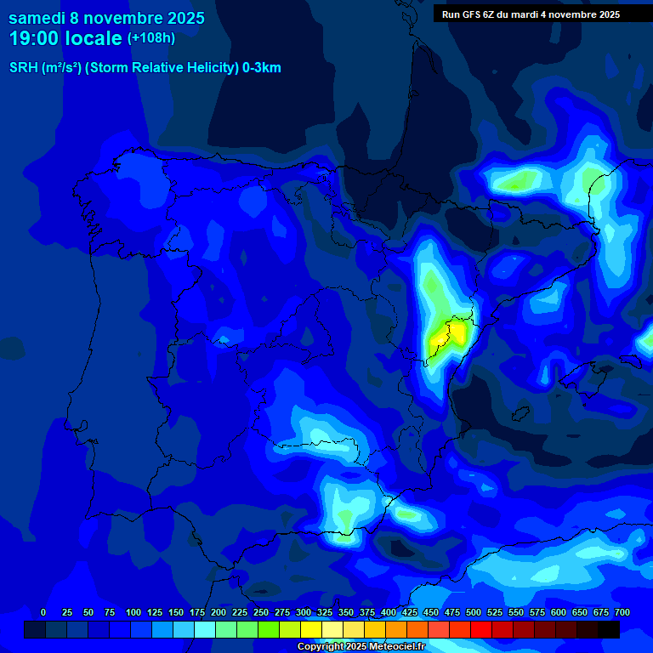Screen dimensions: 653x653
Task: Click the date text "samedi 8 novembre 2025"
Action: pos(106,18)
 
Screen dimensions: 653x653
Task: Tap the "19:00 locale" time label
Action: pos(65,38)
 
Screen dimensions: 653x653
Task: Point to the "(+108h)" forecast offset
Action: pos(151,38)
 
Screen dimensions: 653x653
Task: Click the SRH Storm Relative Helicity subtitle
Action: pos(145,68)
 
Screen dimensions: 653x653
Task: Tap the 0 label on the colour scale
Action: pos(43,612)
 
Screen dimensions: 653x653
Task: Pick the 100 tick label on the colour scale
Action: pos(133,612)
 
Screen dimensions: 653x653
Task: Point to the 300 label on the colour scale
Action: pos(304,612)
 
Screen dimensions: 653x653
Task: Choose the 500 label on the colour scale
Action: pos(474,612)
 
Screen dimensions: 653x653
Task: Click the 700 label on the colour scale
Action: pos(622,612)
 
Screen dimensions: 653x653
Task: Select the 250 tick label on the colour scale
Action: pos(261,612)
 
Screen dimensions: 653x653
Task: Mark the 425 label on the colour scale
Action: pos(410,612)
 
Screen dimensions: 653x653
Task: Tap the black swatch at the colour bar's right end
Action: pos(609,629)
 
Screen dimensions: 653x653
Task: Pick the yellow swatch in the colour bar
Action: pos(311,629)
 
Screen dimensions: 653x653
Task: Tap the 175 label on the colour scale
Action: pos(197,612)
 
